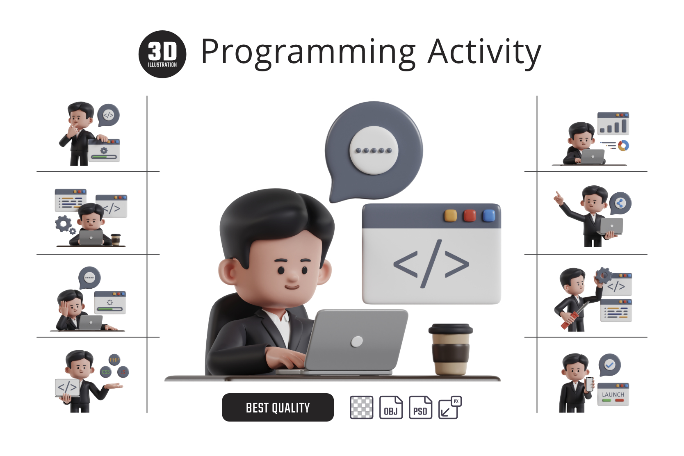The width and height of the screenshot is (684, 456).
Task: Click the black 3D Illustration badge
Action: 162,54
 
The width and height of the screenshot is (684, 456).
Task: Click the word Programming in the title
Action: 308,52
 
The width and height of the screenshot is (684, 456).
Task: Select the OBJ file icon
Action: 391,407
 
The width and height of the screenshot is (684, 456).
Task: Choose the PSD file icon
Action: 420,407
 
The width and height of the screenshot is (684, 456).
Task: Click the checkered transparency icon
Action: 361,407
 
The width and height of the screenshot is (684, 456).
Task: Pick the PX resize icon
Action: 449,407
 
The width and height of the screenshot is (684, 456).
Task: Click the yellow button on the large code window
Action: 450,216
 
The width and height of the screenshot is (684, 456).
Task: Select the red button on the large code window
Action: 470,216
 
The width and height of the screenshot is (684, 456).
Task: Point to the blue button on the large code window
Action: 488,216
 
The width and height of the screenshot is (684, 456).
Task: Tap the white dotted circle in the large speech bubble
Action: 374,150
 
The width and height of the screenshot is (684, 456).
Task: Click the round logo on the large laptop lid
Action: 357,341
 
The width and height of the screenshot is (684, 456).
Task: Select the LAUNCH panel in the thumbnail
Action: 613,394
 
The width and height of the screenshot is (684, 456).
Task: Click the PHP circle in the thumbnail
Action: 114,360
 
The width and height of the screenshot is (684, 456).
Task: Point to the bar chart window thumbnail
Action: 613,123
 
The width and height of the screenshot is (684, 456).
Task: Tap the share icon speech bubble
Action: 620,203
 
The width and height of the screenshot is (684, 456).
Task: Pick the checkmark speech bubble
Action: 610,365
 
